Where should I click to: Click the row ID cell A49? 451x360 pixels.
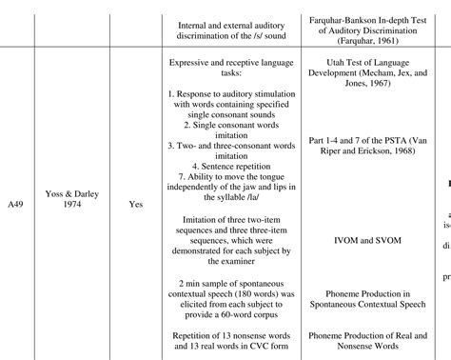click(x=16, y=204)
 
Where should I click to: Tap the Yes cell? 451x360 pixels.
click(x=135, y=204)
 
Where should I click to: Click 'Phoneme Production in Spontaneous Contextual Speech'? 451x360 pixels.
click(x=360, y=290)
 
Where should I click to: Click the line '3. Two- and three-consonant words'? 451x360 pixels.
click(x=221, y=137)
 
